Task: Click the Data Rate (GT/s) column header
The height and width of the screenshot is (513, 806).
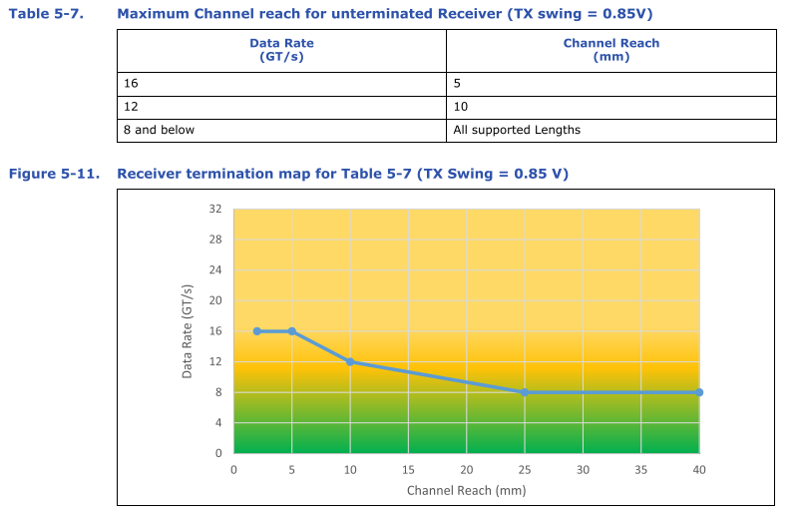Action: pos(281,50)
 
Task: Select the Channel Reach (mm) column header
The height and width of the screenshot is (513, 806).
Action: pos(610,50)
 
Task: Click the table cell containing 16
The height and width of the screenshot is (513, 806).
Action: pos(281,84)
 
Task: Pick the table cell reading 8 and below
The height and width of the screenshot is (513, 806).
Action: pos(281,130)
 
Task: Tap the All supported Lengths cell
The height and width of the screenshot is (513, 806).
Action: pos(610,130)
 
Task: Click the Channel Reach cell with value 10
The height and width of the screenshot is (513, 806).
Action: pos(610,107)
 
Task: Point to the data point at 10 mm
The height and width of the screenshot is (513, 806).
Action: pos(350,361)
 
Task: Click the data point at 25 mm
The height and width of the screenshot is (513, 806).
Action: pos(525,392)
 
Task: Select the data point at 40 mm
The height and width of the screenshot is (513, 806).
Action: pos(699,392)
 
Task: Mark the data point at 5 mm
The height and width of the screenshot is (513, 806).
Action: pos(292,331)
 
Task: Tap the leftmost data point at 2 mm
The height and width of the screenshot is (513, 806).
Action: pos(257,331)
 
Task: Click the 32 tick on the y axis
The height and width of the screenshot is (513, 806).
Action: pos(215,210)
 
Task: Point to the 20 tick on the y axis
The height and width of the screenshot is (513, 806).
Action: pos(215,300)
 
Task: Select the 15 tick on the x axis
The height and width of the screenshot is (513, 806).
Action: pos(408,469)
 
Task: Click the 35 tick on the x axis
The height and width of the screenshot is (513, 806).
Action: pos(641,469)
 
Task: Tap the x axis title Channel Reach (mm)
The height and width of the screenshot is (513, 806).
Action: pos(466,490)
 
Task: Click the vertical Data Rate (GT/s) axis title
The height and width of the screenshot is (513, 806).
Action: pos(188,331)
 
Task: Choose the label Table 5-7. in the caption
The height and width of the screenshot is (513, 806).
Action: pos(39,14)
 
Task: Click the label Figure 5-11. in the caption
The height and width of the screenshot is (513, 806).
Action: pos(54,174)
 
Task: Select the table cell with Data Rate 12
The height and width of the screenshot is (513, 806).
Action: pos(281,107)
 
